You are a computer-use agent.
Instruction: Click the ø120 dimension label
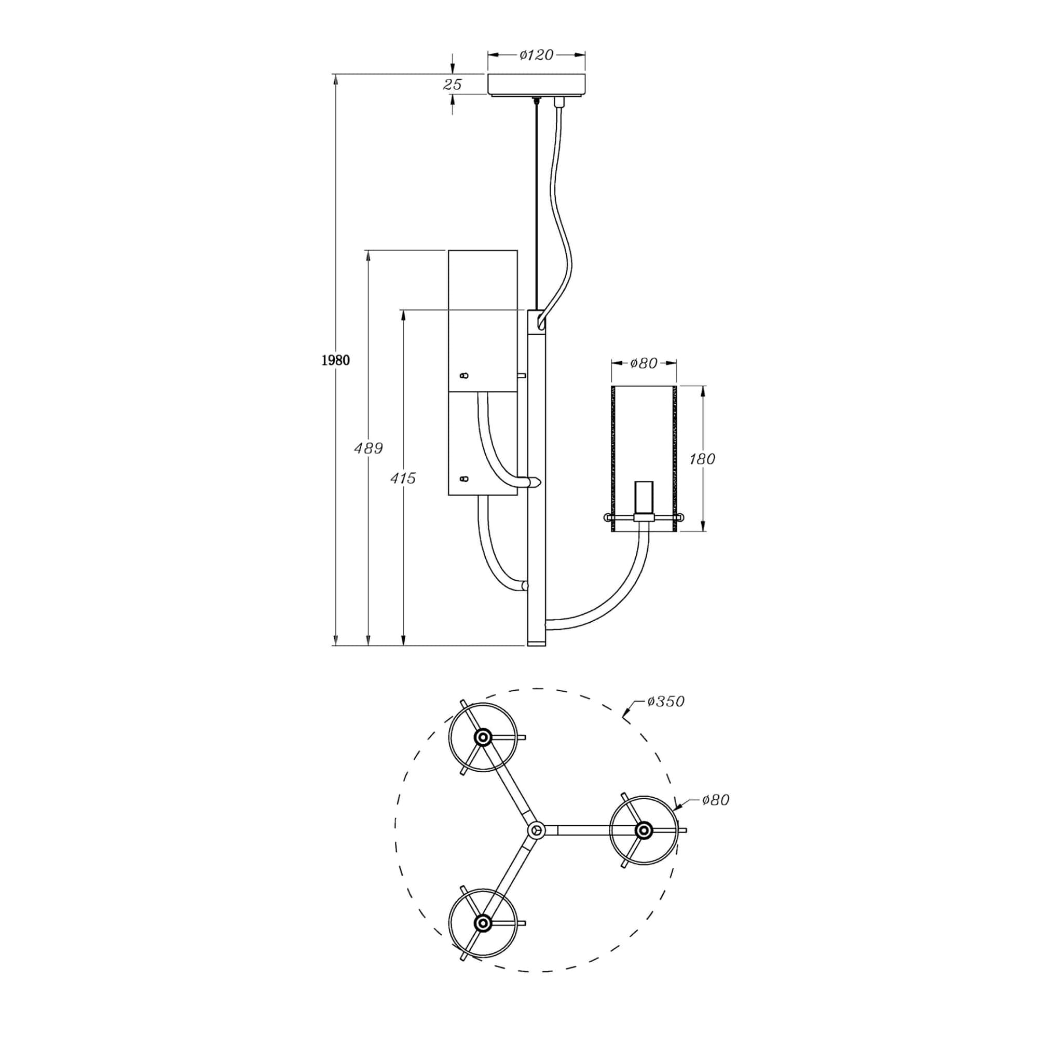(x=536, y=55)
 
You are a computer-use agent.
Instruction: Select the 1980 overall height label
(x=335, y=360)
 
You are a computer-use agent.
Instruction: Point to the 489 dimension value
(x=368, y=447)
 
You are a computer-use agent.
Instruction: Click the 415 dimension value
(x=403, y=477)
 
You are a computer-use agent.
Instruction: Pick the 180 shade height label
(x=702, y=459)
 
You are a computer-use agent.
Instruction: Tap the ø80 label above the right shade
(x=644, y=363)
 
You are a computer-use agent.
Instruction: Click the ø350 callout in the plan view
(x=666, y=701)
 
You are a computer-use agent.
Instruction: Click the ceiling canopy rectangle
(x=536, y=85)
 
